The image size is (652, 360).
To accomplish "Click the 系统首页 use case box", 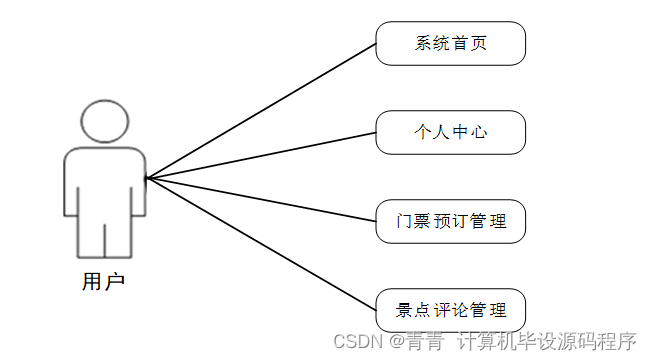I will click(x=450, y=43).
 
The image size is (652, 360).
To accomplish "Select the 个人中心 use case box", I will click(x=450, y=131).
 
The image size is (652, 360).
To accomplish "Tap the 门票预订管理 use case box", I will click(x=450, y=221).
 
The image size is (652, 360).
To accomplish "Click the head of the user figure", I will click(x=104, y=120).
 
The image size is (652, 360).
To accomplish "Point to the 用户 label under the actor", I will click(x=103, y=281).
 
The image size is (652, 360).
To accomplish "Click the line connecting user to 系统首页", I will click(x=260, y=111).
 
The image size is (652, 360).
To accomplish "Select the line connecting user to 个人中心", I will click(x=260, y=155).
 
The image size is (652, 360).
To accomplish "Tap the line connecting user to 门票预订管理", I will click(x=260, y=200).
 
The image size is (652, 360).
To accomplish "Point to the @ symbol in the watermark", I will click(x=396, y=341).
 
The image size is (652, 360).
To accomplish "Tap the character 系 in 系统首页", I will click(x=422, y=43).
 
